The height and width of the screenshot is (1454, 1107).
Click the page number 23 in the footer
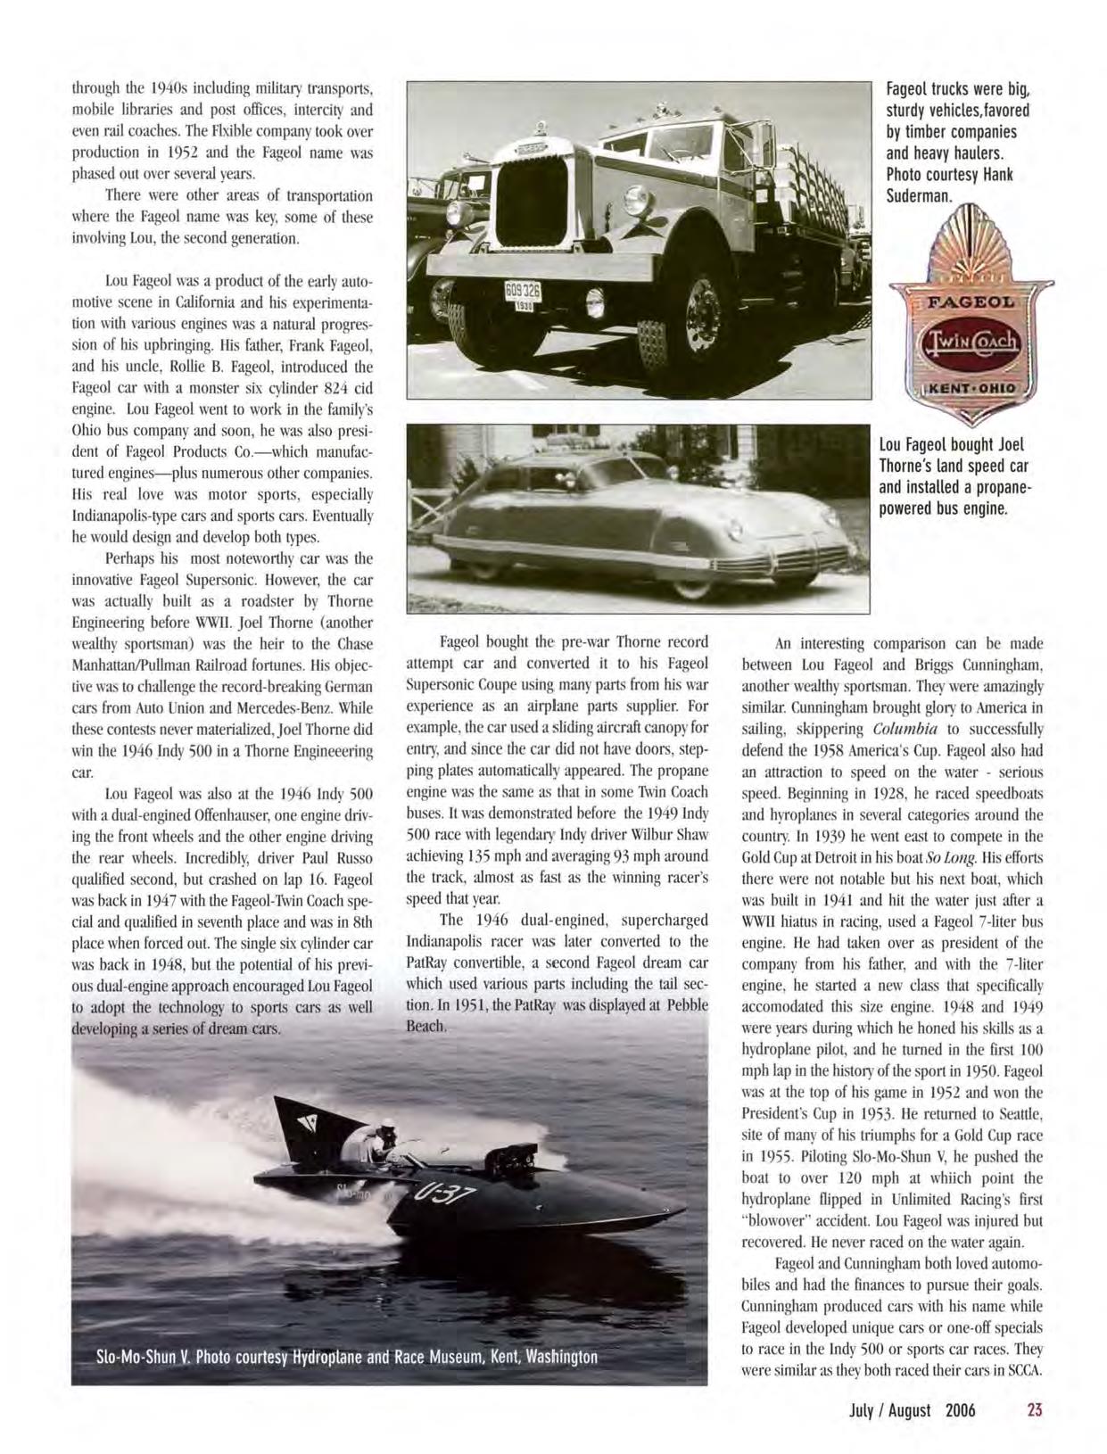coord(1034,1409)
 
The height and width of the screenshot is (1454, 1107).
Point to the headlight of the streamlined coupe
coord(735,531)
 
